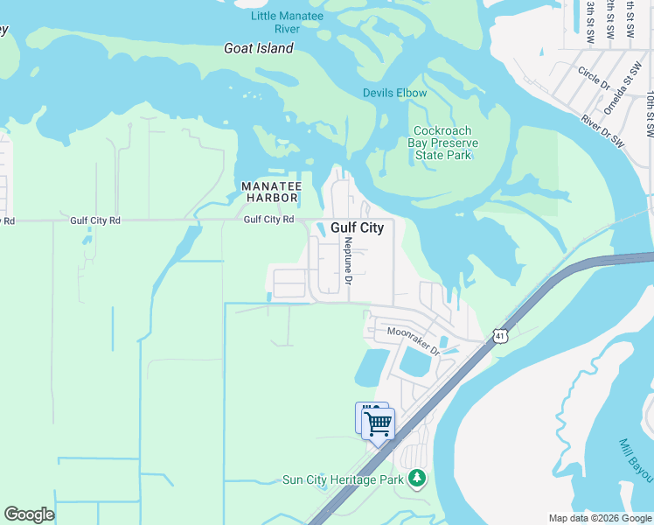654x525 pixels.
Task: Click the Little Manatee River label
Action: point(287,23)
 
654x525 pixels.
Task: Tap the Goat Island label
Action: point(259,49)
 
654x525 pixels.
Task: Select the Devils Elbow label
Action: point(395,94)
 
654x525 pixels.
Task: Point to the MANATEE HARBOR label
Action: point(271,192)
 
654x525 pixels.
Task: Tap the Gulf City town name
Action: point(357,227)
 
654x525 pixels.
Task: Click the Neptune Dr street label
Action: point(348,261)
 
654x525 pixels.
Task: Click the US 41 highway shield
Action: point(499,335)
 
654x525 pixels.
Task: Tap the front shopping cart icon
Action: point(379,425)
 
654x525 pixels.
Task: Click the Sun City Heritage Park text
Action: point(343,479)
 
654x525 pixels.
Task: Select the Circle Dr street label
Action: point(594,77)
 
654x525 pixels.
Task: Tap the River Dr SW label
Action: point(603,129)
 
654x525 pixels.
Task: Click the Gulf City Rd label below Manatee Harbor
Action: point(268,220)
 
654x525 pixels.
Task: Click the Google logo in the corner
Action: point(29,514)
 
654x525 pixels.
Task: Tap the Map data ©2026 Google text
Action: point(599,518)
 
